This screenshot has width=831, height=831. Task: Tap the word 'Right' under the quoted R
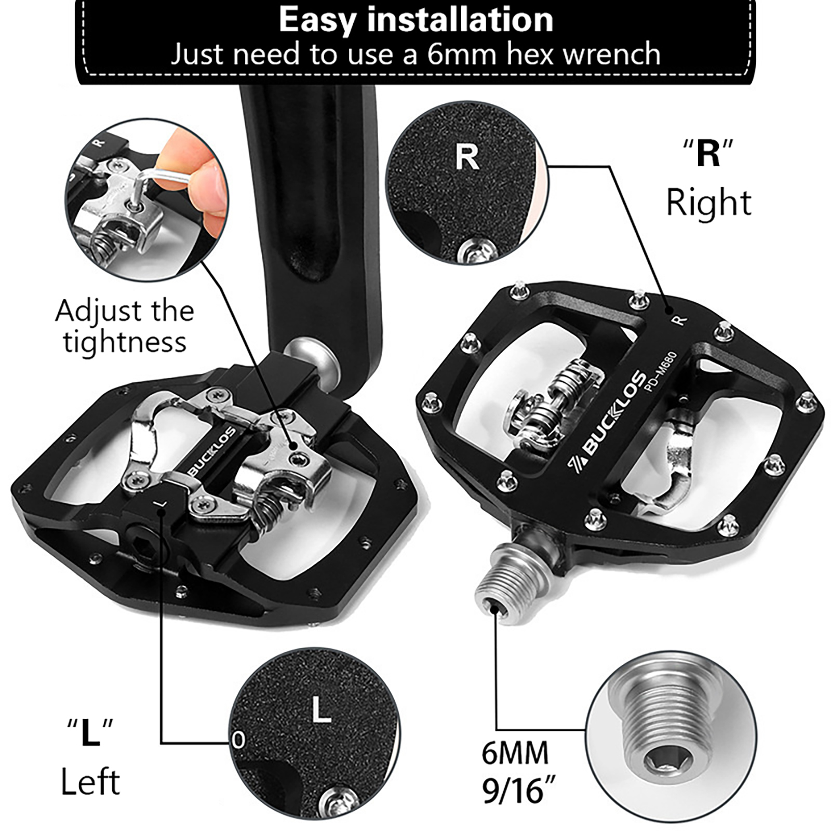tap(708, 203)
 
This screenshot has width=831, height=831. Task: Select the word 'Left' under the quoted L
tap(90, 781)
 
